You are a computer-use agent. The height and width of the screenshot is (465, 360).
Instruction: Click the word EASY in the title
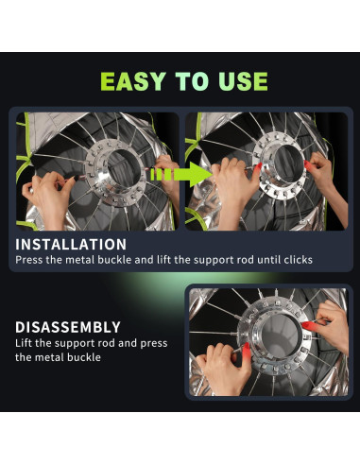point(133,81)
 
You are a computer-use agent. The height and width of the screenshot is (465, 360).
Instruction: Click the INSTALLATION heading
point(71,245)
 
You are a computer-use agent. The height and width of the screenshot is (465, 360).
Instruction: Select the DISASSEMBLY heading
point(68,327)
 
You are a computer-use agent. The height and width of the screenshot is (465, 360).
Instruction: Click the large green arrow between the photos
point(182,174)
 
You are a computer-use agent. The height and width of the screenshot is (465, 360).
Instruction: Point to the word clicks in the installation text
point(298,260)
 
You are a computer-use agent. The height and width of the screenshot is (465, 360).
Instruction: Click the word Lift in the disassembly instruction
point(24,343)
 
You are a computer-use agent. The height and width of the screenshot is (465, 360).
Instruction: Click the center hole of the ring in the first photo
point(124,167)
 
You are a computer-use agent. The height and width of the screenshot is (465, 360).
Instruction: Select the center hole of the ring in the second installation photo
point(288,164)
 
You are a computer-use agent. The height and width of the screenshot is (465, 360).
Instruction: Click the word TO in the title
point(192,81)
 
